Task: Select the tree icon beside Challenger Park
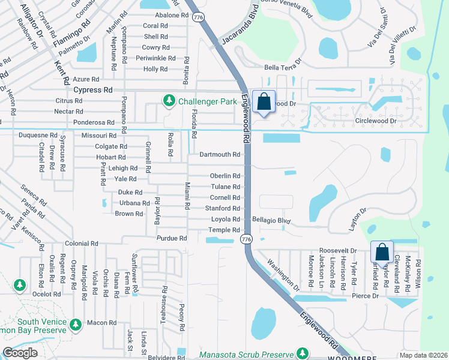[170, 101]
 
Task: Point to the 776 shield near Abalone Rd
[197, 18]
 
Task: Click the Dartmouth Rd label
[220, 154]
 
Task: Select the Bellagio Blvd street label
[271, 221]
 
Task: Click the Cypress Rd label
[93, 89]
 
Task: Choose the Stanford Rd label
[223, 208]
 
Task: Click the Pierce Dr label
[366, 296]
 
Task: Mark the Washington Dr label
[283, 273]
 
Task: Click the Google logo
[20, 352]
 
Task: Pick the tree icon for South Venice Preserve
[75, 325]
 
